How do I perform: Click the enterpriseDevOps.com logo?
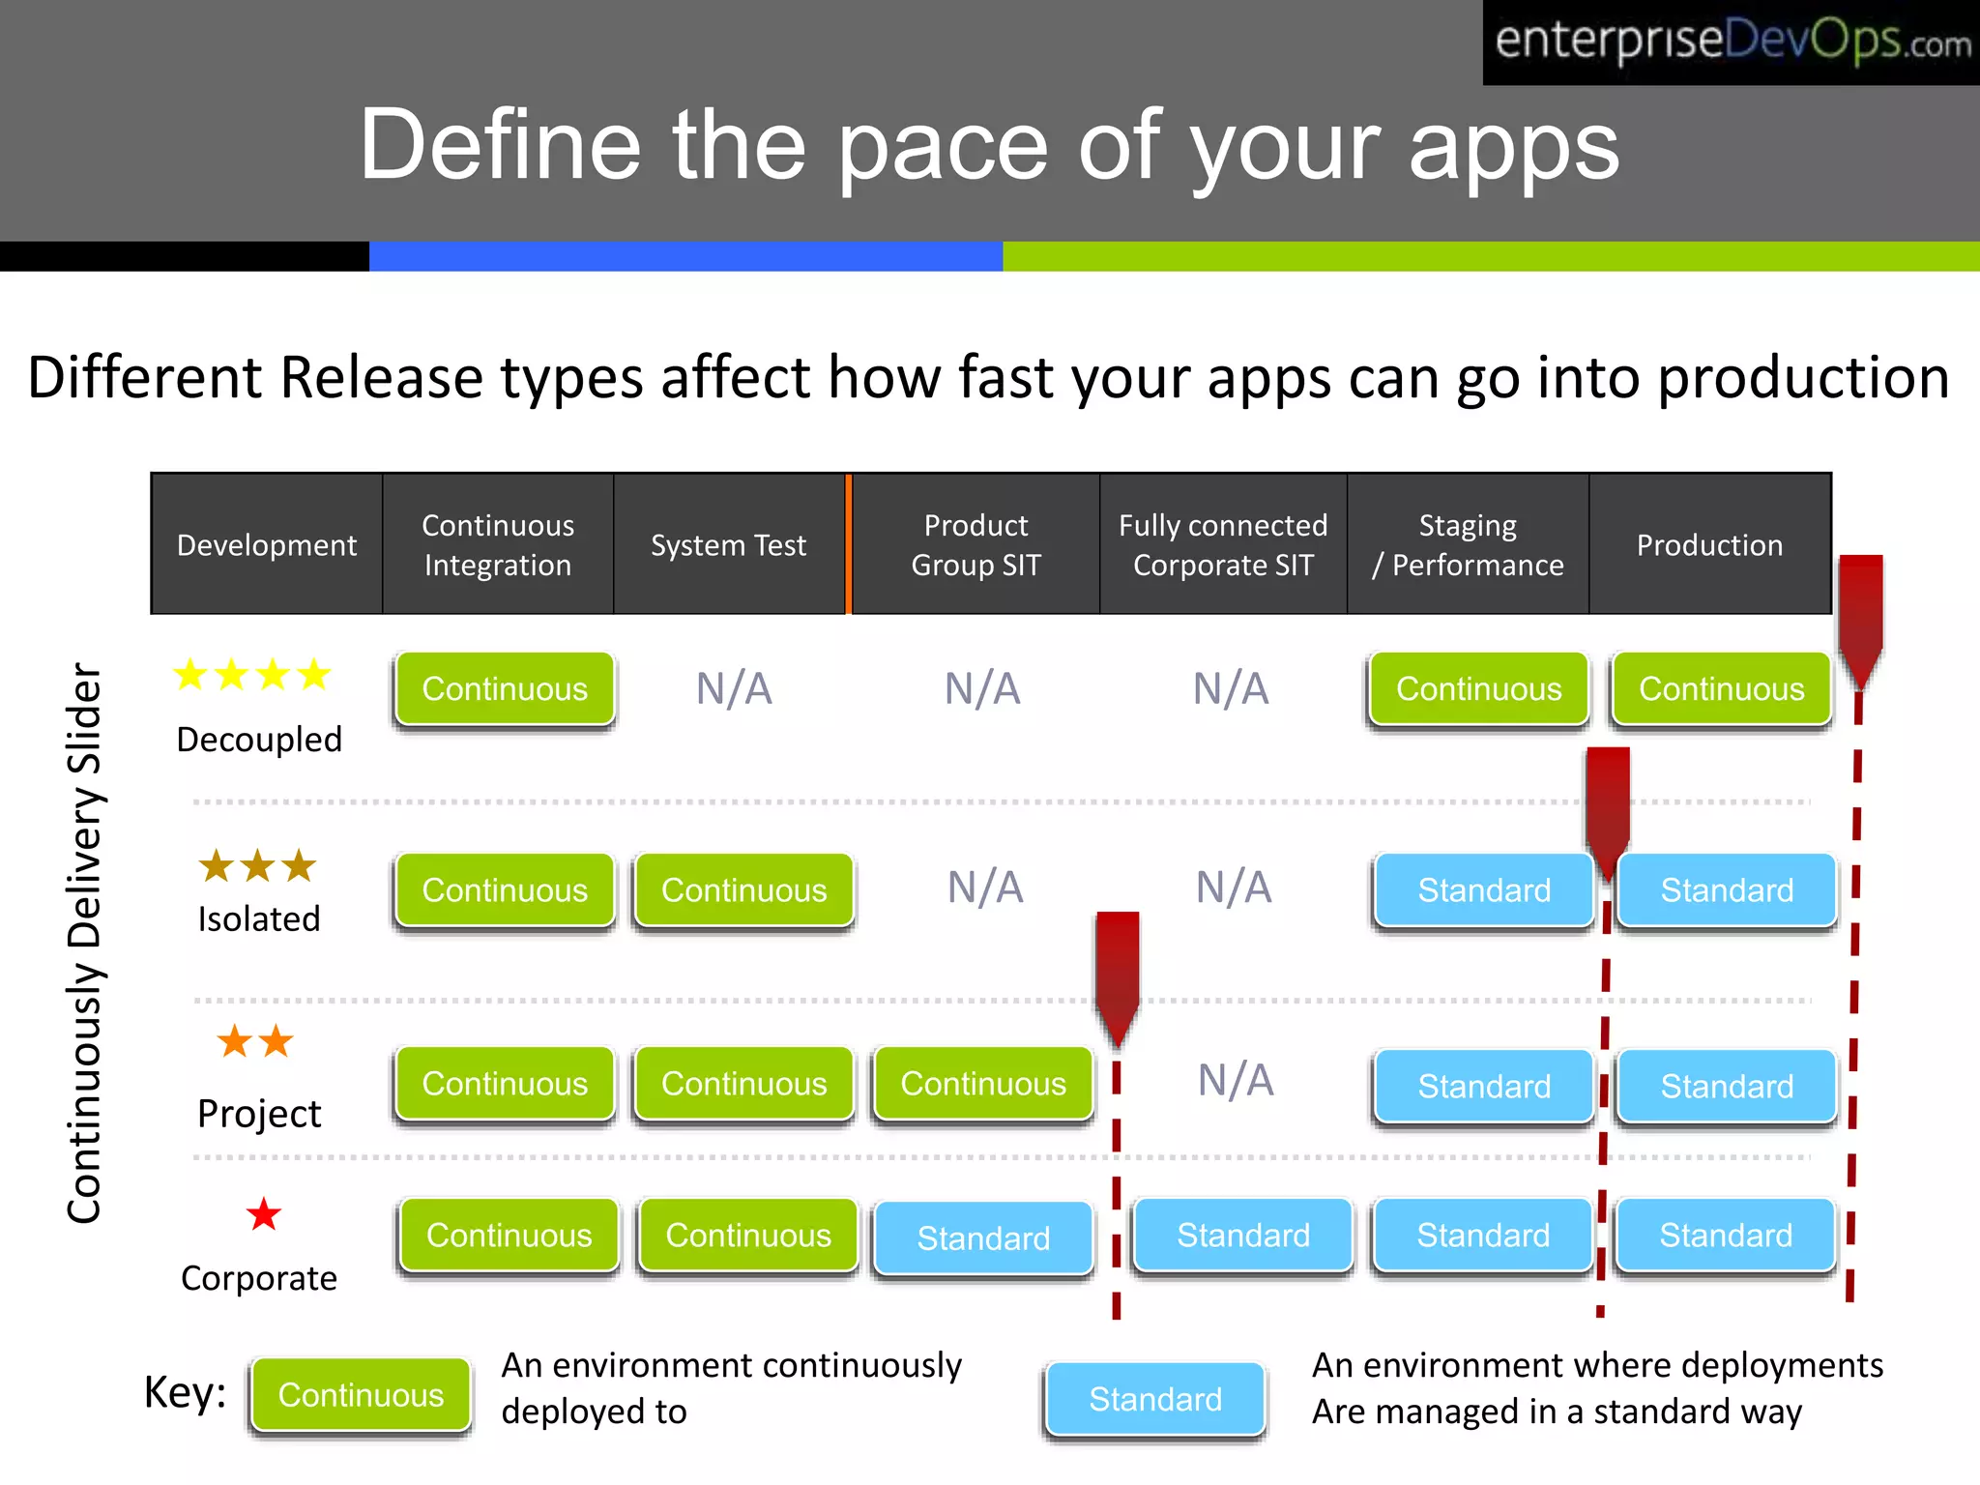1731,42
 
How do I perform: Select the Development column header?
267,545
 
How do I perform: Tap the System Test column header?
728,545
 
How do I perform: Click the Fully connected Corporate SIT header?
1223,545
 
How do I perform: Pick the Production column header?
1709,545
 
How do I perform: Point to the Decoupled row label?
259,740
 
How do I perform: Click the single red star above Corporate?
263,1214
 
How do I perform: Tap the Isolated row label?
258,918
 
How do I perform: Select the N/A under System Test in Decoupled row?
734,689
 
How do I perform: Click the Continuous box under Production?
1721,689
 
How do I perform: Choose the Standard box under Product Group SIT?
983,1238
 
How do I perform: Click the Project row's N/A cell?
1236,1081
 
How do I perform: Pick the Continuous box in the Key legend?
361,1395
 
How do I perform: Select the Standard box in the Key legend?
1155,1399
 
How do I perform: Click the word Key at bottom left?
184,1393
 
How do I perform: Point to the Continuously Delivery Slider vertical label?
85,943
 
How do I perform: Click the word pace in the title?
942,146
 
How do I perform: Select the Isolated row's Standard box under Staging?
1484,890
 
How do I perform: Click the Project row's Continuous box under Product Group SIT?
983,1084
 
